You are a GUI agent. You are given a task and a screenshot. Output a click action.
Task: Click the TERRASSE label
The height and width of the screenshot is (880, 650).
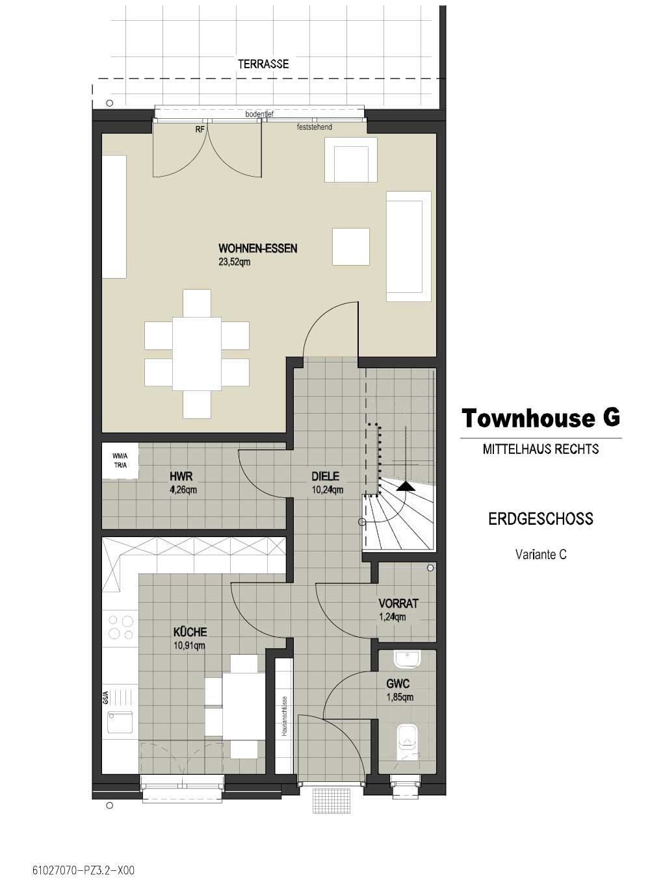point(263,64)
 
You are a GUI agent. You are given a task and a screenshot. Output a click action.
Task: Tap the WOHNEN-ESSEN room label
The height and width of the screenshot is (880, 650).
point(257,248)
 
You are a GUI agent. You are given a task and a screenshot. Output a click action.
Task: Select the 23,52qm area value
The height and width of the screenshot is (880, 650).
point(234,262)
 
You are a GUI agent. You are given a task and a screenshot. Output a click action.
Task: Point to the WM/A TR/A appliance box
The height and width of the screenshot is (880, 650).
point(120,461)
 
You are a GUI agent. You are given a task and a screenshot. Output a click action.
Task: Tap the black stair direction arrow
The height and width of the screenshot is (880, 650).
point(406,486)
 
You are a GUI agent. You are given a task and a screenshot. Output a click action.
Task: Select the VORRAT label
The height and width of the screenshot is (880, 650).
point(398,603)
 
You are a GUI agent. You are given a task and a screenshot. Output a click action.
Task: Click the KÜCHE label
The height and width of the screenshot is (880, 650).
point(190,631)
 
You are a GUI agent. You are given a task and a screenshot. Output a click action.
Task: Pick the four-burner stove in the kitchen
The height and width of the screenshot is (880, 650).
point(121,627)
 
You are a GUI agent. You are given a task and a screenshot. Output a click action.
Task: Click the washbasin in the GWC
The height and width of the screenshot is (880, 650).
point(408,659)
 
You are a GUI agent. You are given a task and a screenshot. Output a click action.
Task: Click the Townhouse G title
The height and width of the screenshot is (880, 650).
point(541,418)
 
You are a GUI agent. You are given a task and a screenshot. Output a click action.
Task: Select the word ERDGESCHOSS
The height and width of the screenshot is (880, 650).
point(541,519)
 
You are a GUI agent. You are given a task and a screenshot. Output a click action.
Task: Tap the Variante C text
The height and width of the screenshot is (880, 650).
point(541,554)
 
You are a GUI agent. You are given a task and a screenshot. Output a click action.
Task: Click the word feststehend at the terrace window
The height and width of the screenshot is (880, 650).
point(315,127)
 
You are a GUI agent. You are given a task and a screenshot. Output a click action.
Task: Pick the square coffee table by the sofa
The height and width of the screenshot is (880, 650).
point(351,246)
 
